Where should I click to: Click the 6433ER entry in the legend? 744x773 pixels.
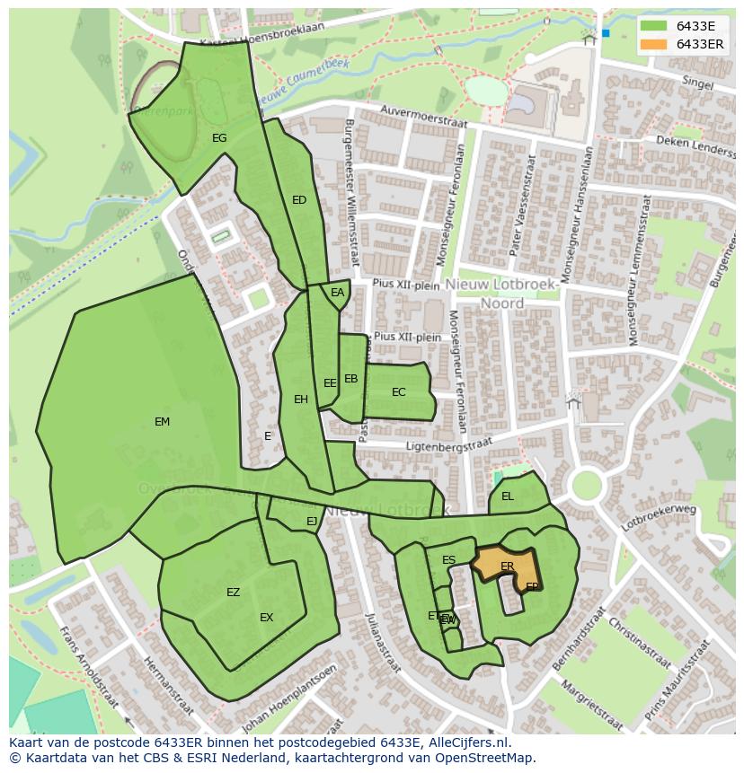click(699, 44)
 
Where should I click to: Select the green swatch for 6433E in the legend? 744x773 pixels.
click(653, 27)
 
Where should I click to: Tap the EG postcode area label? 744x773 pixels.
click(219, 138)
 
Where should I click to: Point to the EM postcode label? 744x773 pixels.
click(162, 422)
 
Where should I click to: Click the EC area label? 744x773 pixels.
click(399, 392)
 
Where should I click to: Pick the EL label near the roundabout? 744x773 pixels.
click(508, 496)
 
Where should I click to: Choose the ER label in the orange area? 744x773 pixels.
click(508, 567)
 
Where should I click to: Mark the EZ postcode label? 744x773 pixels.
click(233, 593)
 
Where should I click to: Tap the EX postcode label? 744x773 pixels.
click(266, 618)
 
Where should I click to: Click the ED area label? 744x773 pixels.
click(299, 200)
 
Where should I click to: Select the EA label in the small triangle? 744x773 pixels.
click(337, 293)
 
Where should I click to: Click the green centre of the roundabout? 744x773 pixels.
click(586, 486)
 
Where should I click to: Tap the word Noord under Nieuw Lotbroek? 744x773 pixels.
click(501, 303)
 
